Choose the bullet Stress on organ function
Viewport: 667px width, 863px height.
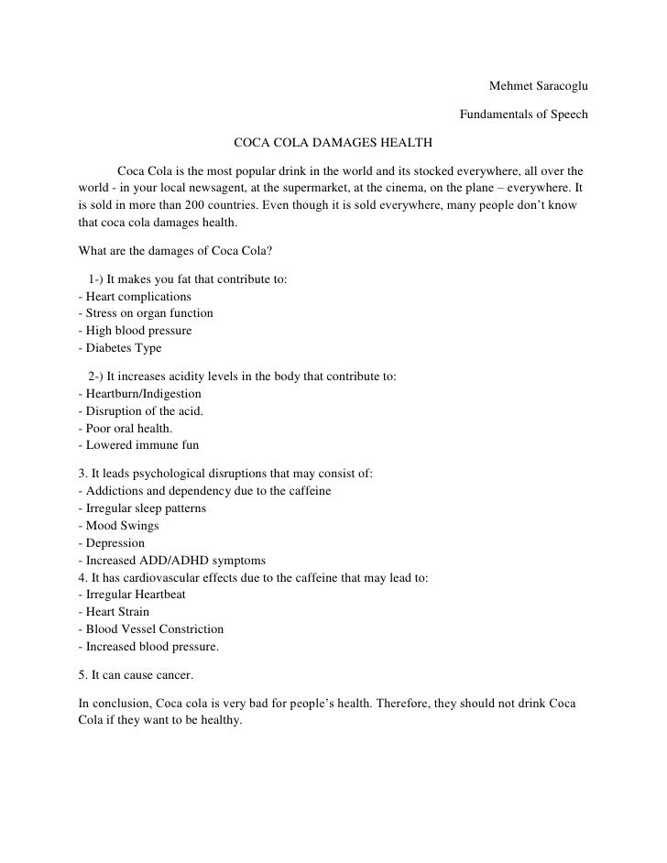coord(147,313)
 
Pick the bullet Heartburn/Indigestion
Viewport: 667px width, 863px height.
coord(141,394)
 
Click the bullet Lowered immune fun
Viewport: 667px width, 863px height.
coord(139,445)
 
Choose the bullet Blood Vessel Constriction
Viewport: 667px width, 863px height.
coord(152,629)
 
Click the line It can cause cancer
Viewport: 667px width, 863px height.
coord(137,675)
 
